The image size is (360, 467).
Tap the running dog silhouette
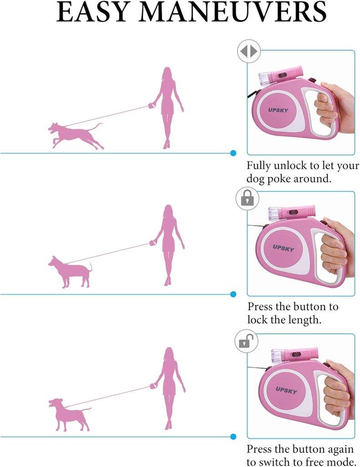click(x=76, y=135)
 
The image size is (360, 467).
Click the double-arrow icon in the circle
click(x=249, y=52)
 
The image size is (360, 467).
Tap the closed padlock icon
click(x=247, y=198)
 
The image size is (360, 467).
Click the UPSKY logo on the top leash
click(x=278, y=110)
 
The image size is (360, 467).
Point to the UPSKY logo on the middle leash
click(x=283, y=248)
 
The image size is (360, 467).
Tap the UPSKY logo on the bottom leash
click(x=286, y=390)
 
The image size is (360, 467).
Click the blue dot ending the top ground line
click(x=233, y=153)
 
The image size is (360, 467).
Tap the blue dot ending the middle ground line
click(x=233, y=294)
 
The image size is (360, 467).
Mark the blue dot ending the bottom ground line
click(x=233, y=436)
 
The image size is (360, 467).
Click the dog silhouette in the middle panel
click(x=70, y=272)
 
